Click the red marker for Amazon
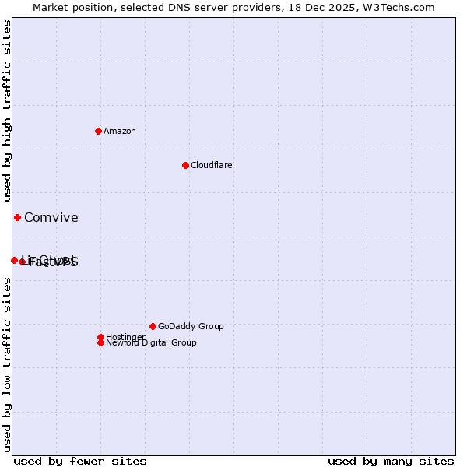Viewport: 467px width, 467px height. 98,131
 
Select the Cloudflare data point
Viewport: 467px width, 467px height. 185,165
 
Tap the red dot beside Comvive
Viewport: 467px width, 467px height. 17,217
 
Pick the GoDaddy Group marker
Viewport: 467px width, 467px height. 153,326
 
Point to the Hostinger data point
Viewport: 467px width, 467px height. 100,337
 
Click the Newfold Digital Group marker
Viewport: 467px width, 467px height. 100,342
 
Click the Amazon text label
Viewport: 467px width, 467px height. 120,131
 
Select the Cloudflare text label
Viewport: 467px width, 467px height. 211,165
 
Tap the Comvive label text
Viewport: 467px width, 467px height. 51,217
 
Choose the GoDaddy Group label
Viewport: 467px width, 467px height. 191,326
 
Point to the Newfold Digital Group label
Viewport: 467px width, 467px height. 151,342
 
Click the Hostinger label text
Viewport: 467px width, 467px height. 125,337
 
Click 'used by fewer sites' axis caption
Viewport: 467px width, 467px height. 80,461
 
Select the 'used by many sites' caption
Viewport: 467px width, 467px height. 391,461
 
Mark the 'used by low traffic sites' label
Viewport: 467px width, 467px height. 8,364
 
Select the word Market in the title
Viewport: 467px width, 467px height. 50,7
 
